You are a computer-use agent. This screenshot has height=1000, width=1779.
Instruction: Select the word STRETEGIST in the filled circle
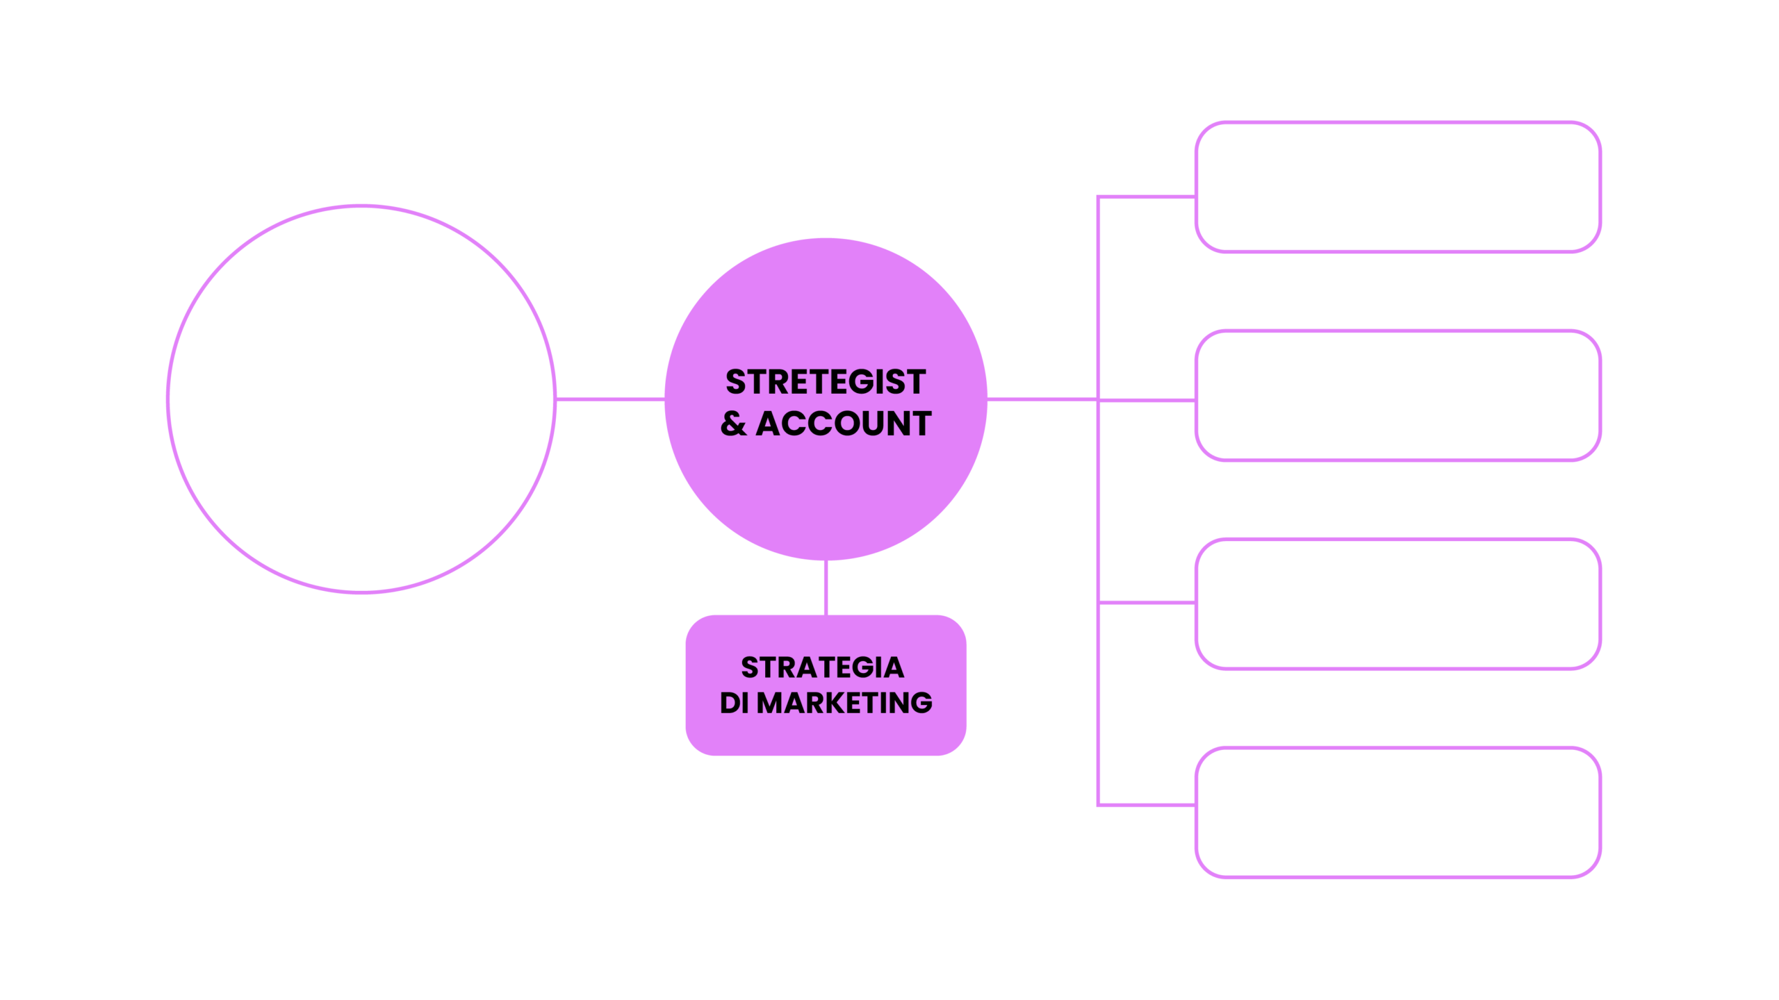point(826,382)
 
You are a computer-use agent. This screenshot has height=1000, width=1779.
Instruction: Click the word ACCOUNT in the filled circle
point(844,424)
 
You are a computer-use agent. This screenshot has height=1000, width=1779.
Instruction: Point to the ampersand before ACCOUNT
point(733,424)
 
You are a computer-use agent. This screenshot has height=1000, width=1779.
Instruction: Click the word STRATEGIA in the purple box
point(823,667)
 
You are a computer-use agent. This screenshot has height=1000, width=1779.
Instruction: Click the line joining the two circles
point(609,399)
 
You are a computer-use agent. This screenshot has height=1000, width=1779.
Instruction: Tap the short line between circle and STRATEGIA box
point(826,587)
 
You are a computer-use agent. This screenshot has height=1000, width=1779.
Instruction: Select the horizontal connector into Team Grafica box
point(1147,806)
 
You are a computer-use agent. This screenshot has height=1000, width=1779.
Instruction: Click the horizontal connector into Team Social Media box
point(1147,197)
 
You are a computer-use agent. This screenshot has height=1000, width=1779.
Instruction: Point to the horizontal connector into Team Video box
point(1147,602)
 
